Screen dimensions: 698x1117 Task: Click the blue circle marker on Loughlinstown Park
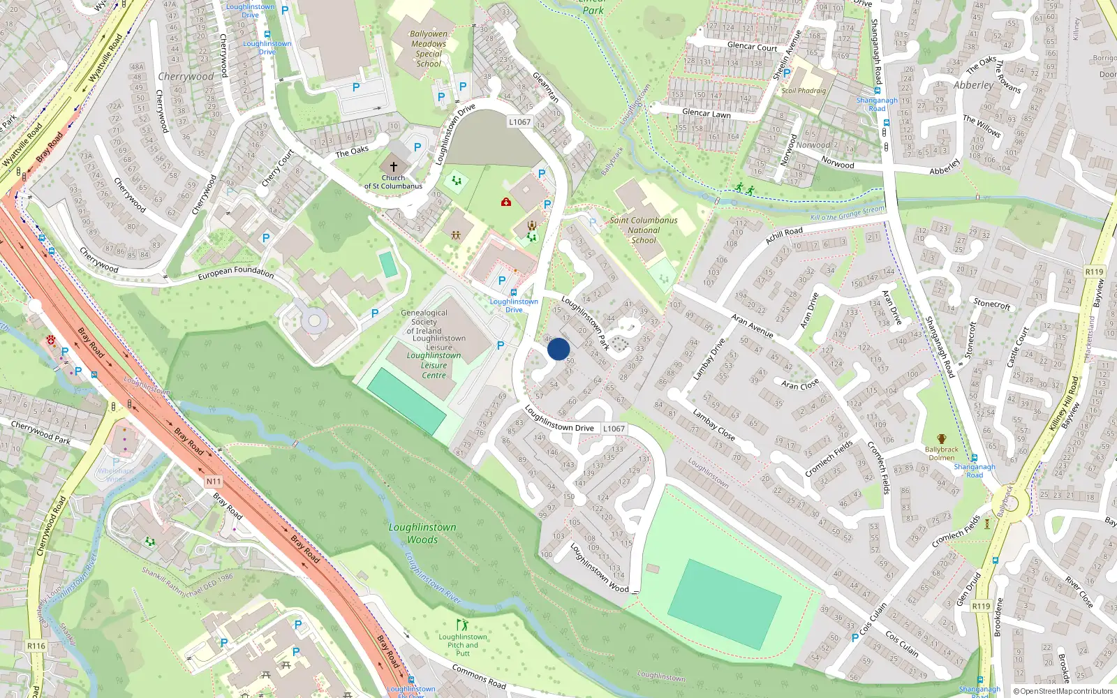click(558, 349)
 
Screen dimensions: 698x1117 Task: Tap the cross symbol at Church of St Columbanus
click(393, 167)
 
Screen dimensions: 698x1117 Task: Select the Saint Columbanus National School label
click(643, 230)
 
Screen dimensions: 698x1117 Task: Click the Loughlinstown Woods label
click(422, 533)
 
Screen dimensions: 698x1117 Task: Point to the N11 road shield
click(214, 482)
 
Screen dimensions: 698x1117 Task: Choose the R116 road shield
click(36, 646)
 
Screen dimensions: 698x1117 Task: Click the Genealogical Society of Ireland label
click(424, 322)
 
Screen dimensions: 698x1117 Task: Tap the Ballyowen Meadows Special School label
click(429, 49)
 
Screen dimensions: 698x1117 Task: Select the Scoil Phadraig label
click(804, 91)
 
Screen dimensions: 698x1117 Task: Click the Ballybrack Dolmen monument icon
click(941, 439)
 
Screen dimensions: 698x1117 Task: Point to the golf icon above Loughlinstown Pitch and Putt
click(462, 625)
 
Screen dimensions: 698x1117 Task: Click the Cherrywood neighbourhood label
click(186, 77)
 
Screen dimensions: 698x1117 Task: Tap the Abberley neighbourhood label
click(973, 85)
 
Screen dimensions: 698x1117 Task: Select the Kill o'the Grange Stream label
click(847, 214)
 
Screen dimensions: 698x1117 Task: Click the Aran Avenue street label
click(752, 325)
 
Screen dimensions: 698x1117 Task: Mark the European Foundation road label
click(235, 272)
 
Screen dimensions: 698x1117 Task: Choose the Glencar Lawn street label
click(706, 113)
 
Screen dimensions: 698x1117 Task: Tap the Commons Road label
click(478, 676)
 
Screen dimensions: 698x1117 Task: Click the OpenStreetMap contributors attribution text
click(1066, 692)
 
